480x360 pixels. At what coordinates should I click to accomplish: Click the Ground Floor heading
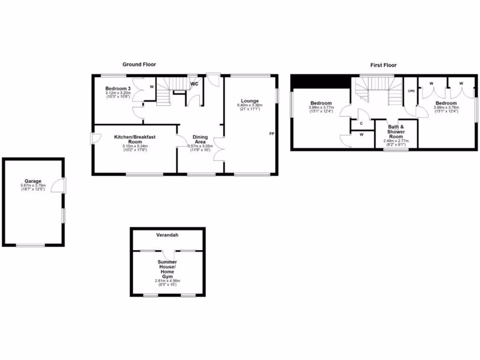click(139, 64)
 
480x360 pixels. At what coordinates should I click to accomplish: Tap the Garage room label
click(33, 181)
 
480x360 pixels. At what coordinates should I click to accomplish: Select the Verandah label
click(167, 234)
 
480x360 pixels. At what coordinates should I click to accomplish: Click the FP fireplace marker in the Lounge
click(271, 134)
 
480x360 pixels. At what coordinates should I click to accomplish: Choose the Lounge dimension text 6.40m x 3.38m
click(250, 105)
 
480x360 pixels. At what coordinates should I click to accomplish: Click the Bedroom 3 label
click(118, 89)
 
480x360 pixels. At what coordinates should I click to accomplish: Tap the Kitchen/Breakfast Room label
click(135, 139)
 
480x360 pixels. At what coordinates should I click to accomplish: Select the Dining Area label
click(200, 140)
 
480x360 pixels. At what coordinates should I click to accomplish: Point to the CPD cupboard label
click(411, 91)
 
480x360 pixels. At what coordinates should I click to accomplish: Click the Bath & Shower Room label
click(396, 132)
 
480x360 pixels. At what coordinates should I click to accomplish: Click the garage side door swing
click(57, 185)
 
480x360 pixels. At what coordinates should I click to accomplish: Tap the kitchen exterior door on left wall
click(95, 138)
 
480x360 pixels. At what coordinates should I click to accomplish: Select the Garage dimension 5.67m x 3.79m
click(33, 186)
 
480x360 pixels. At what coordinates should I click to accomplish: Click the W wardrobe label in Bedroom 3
click(151, 87)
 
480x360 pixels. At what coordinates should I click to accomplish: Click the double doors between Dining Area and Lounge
click(219, 149)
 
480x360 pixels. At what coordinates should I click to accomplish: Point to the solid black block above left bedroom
click(321, 82)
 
